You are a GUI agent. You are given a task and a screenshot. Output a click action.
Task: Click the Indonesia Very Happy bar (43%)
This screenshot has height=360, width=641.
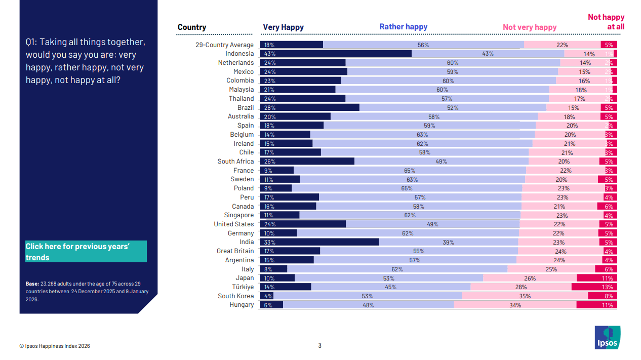point(336,54)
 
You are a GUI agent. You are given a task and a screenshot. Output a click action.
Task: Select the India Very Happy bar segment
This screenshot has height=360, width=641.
point(319,242)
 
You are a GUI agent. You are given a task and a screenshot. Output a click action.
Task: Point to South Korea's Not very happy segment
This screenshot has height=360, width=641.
point(525,296)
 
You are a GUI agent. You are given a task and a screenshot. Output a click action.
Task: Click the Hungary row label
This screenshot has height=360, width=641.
point(242,305)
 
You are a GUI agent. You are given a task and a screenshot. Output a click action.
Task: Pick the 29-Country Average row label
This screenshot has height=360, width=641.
point(224,45)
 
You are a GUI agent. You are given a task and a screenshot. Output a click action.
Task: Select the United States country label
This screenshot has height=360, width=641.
point(233,224)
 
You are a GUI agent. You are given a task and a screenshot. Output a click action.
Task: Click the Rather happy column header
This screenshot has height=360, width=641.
point(403,27)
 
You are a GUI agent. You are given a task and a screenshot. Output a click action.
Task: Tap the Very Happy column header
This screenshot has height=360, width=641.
point(283,27)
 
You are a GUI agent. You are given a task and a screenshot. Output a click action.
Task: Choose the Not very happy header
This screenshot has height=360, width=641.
point(529,27)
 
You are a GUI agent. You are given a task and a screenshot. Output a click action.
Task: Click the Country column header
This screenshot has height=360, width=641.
point(192,27)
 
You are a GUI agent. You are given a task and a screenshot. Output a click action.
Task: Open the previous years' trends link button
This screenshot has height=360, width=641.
point(86,252)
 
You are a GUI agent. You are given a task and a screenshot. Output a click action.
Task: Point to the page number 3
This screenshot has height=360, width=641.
point(319,346)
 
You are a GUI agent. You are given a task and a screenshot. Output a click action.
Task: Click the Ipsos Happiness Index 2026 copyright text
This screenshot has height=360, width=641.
point(55,346)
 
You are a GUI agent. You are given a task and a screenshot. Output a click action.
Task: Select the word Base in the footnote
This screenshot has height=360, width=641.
point(32,284)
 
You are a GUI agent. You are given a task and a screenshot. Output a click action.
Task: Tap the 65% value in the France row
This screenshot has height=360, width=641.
point(409,171)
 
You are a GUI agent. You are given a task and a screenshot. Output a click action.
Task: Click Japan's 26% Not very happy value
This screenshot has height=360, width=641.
point(530,278)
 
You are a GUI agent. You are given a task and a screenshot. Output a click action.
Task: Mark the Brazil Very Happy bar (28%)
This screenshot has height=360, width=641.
point(309,107)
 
